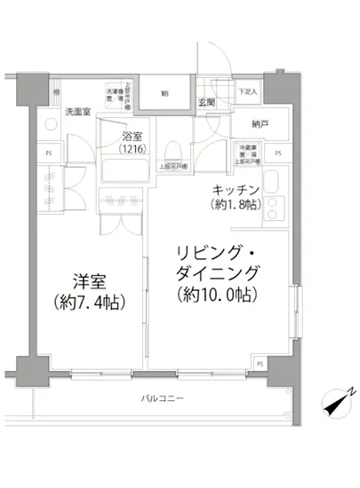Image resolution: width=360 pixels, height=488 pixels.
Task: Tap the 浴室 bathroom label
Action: point(135,137)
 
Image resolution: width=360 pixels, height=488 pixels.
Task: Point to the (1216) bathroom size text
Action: point(135,150)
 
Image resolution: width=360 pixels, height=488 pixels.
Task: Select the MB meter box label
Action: point(165,93)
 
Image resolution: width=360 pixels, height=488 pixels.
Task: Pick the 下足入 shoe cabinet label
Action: point(248,92)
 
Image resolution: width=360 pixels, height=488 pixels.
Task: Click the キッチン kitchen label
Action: point(236,190)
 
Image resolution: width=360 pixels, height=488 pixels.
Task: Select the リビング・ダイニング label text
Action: point(219,258)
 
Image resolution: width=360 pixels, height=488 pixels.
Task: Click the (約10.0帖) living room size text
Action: point(218,292)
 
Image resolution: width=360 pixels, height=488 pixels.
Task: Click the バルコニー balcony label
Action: point(163,398)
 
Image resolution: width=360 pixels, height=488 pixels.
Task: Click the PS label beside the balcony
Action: point(260,364)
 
